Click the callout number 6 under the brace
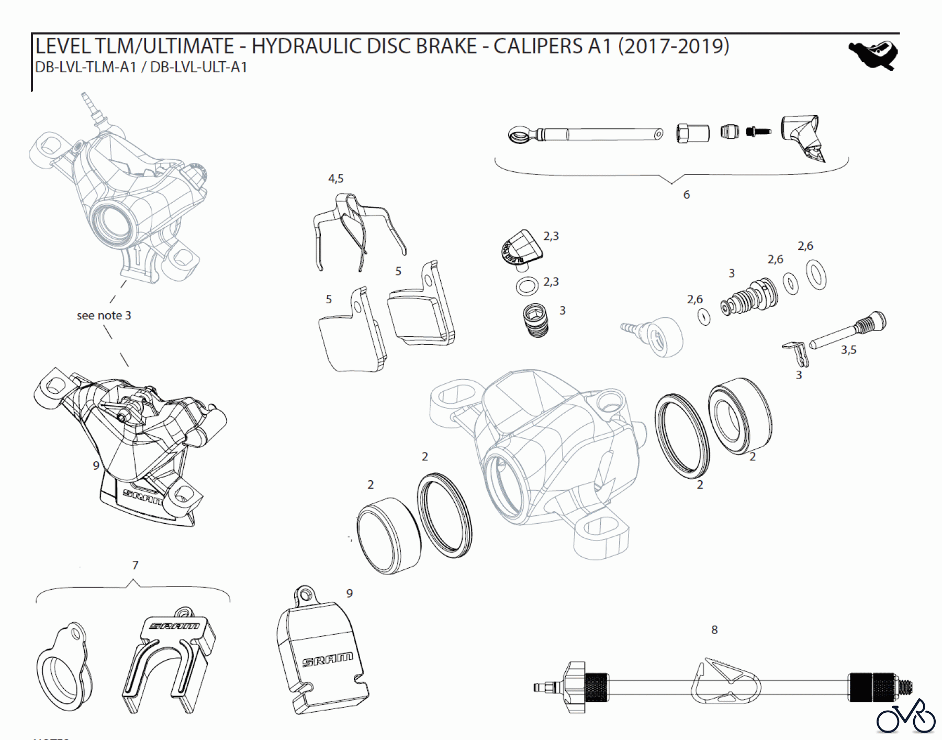point(686,195)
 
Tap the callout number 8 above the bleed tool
point(714,630)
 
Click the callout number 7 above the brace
point(135,565)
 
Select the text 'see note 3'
point(104,315)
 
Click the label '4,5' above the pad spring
point(335,179)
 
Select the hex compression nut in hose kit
point(692,133)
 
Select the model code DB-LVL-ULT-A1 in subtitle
point(198,68)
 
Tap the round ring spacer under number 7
point(63,667)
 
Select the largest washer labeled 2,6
point(815,275)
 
